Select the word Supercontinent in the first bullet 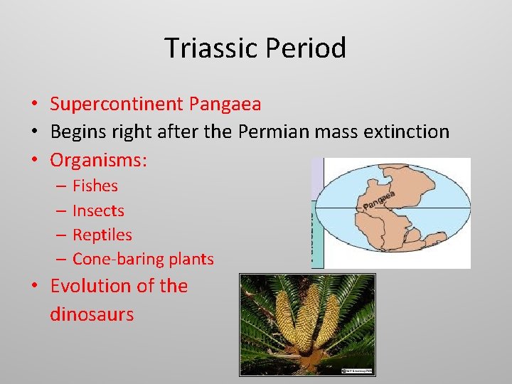pyautogui.click(x=116, y=105)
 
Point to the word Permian pyautogui.click(x=271, y=132)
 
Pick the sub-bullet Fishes pyautogui.click(x=95, y=186)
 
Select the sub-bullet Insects pyautogui.click(x=98, y=210)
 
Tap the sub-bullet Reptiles pyautogui.click(x=102, y=235)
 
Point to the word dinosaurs pyautogui.click(x=92, y=314)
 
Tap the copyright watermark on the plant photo pyautogui.click(x=357, y=370)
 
